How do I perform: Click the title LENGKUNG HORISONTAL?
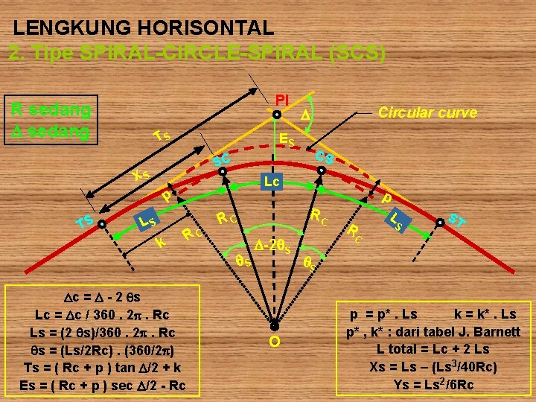click(144, 28)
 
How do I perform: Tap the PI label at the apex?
click(282, 100)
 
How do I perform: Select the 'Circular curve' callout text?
click(427, 112)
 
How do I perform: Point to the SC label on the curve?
click(221, 159)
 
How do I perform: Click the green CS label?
click(324, 157)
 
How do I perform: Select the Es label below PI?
click(286, 139)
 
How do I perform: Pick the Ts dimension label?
click(161, 135)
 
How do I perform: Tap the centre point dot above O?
click(274, 326)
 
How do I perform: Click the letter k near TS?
click(160, 243)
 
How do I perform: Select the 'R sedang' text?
click(51, 111)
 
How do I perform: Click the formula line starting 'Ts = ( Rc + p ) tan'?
click(103, 368)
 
